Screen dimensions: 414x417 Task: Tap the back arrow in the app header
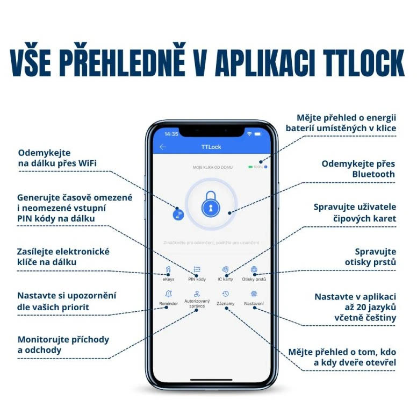pos(163,147)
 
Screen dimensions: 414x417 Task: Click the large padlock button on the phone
pos(211,205)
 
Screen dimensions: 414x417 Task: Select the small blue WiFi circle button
pos(178,215)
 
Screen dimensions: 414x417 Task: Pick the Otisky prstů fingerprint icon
pos(254,269)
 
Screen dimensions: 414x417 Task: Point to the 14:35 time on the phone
pos(171,133)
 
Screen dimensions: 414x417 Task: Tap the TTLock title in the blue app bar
pos(211,147)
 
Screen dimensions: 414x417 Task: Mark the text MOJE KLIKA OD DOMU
pos(212,167)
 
